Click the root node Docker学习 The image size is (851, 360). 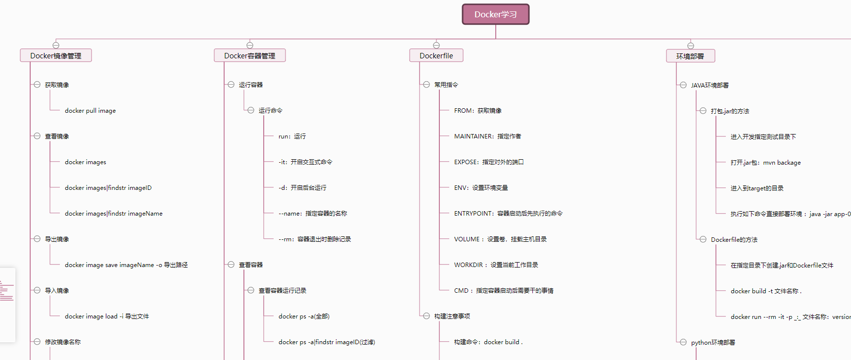pyautogui.click(x=495, y=14)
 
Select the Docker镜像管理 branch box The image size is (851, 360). pyautogui.click(x=56, y=56)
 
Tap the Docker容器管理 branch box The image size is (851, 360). pyautogui.click(x=250, y=56)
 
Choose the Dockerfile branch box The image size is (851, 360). pyautogui.click(x=436, y=56)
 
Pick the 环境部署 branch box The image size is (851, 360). pyautogui.click(x=690, y=56)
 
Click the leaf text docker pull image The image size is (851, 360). pyautogui.click(x=90, y=111)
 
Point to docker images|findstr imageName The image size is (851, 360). pyautogui.click(x=113, y=214)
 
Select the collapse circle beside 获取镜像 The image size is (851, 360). pyautogui.click(x=37, y=85)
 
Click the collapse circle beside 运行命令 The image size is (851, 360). pyautogui.click(x=251, y=110)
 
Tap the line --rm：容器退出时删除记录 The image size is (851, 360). pyautogui.click(x=315, y=239)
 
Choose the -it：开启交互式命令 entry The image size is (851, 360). pyautogui.click(x=305, y=162)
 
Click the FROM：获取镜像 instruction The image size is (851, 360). pyautogui.click(x=477, y=111)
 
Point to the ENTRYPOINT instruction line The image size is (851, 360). pyautogui.click(x=508, y=214)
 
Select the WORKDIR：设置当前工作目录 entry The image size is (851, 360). pyautogui.click(x=496, y=265)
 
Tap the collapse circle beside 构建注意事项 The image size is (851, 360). pyautogui.click(x=426, y=316)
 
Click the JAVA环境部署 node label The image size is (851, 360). pyautogui.click(x=709, y=86)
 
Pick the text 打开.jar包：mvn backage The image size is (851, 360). pyautogui.click(x=765, y=163)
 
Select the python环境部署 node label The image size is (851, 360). pyautogui.click(x=713, y=343)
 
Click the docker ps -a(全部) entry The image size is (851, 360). pyautogui.click(x=304, y=316)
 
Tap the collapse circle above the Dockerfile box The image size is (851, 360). pyautogui.click(x=436, y=45)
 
